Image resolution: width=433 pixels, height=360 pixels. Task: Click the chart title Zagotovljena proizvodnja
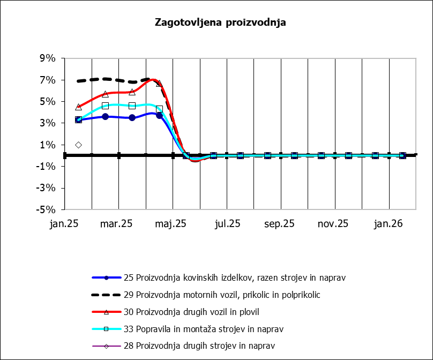click(220, 22)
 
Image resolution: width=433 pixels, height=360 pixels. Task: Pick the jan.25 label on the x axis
click(64, 224)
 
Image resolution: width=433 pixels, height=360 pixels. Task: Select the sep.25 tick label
click(280, 224)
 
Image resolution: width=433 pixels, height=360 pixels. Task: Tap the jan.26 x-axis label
click(389, 224)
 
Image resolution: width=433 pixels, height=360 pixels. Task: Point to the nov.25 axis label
click(334, 224)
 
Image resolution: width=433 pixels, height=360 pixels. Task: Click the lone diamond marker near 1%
click(78, 145)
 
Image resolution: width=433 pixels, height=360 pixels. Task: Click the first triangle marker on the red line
click(78, 107)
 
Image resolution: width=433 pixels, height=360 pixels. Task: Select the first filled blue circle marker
click(78, 119)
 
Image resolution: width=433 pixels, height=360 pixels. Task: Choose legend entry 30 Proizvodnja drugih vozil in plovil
click(199, 312)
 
